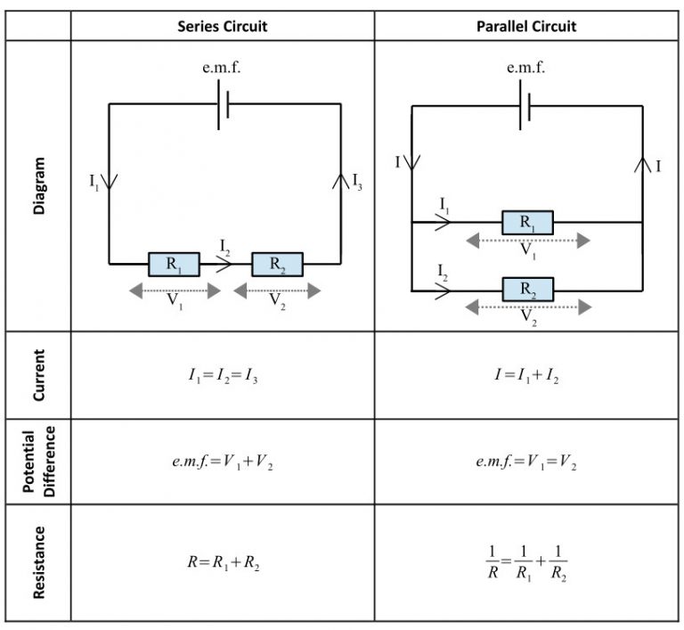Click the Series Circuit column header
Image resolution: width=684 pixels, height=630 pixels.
click(222, 26)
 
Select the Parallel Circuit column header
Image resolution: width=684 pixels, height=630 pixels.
click(526, 26)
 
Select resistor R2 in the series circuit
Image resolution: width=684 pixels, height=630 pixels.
click(277, 264)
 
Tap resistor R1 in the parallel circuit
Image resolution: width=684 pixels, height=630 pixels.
click(527, 222)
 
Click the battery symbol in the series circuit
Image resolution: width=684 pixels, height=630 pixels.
click(224, 104)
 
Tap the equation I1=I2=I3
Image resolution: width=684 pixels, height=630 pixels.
click(222, 375)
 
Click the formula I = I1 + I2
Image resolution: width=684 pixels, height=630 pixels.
click(526, 375)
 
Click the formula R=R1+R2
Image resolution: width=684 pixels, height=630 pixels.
click(222, 563)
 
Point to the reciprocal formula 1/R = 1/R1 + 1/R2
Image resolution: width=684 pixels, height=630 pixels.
click(526, 563)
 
